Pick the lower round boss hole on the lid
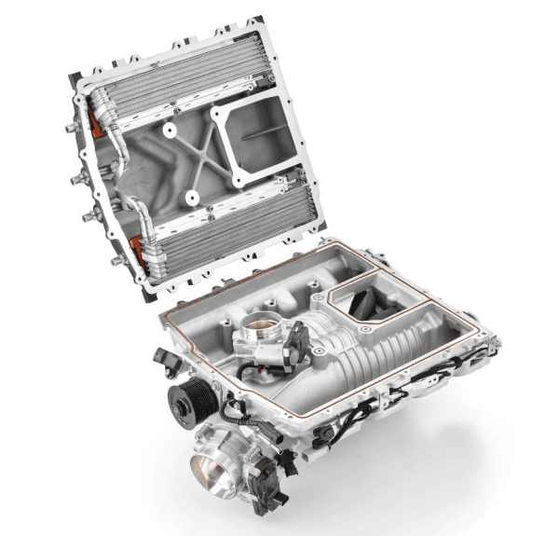click(188, 197)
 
